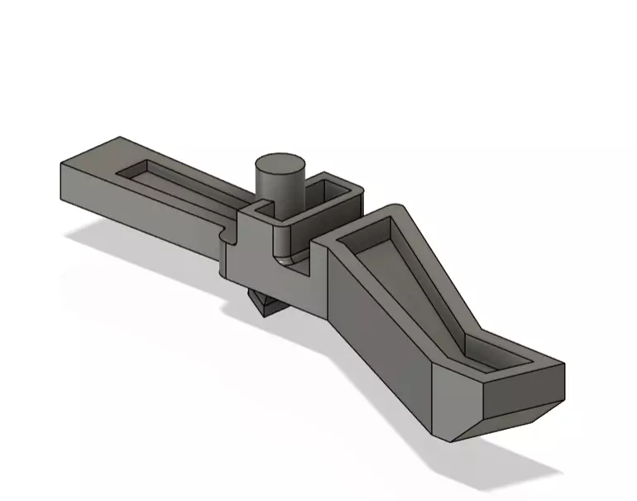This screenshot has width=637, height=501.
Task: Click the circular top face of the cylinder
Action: click(x=279, y=163)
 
